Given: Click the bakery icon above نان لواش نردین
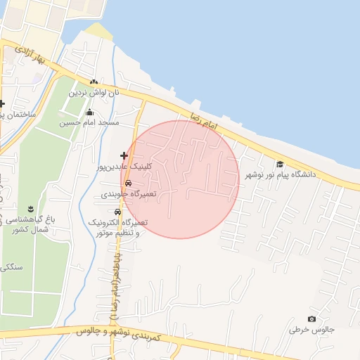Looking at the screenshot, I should [x=94, y=82].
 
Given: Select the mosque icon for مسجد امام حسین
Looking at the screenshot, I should [x=89, y=112].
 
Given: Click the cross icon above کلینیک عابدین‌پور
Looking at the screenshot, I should [x=124, y=155].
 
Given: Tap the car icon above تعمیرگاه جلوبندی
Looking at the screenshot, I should [x=128, y=183].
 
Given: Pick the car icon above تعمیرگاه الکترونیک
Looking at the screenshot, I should [x=117, y=212].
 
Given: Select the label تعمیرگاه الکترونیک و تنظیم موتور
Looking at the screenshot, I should [x=117, y=227].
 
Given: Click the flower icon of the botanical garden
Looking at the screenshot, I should [x=32, y=208].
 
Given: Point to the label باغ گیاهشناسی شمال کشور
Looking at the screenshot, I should [x=31, y=224].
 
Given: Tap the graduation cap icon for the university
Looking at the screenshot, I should [x=280, y=163].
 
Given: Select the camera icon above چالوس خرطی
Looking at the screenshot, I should [x=312, y=319].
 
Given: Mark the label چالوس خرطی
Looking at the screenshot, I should [x=312, y=330].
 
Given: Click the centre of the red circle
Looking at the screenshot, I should [x=180, y=179].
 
